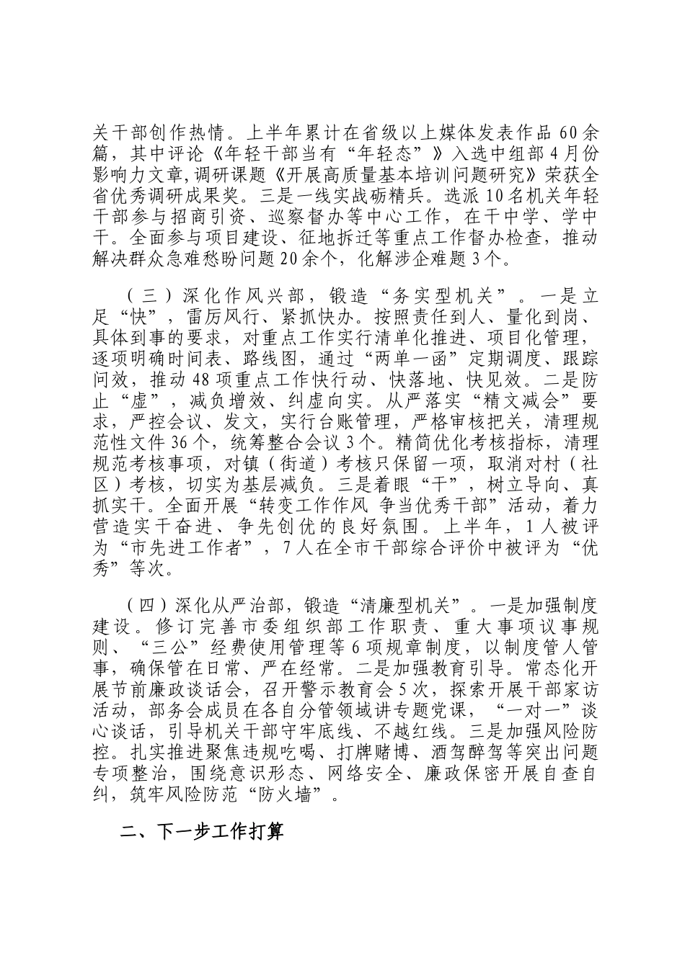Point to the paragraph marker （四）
click(146, 604)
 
